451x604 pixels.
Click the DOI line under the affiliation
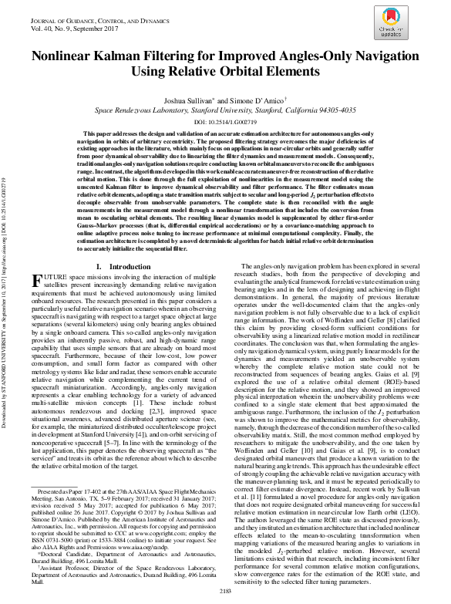click(x=225, y=122)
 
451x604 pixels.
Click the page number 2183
click(x=225, y=591)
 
